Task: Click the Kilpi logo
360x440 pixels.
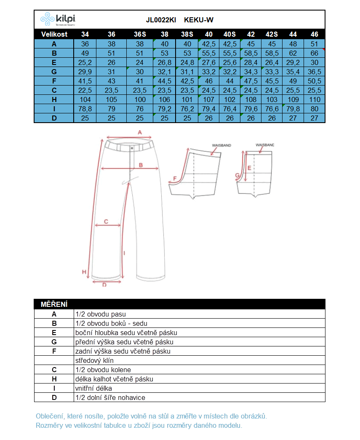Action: pyautogui.click(x=58, y=19)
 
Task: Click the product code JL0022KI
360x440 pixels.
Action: pyautogui.click(x=161, y=20)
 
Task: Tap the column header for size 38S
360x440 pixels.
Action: pyautogui.click(x=187, y=34)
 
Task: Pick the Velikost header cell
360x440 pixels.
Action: pyautogui.click(x=54, y=34)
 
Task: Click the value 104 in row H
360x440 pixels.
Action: pyautogui.click(x=85, y=99)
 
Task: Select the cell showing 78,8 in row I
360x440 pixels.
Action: pyautogui.click(x=85, y=109)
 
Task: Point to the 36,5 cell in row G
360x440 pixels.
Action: pyautogui.click(x=314, y=72)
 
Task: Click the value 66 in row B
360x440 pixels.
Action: pyautogui.click(x=314, y=53)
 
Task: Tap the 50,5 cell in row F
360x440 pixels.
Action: pyautogui.click(x=314, y=81)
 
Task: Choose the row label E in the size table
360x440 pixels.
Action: pyautogui.click(x=54, y=62)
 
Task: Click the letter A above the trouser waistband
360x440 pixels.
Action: pyautogui.click(x=140, y=132)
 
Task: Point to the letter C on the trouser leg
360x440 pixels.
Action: pyautogui.click(x=106, y=221)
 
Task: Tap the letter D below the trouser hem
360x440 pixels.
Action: pyautogui.click(x=104, y=284)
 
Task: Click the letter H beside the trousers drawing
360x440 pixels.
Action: pyautogui.click(x=84, y=271)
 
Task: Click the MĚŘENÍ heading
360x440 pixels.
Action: pyautogui.click(x=54, y=304)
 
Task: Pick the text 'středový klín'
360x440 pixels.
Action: pyautogui.click(x=94, y=360)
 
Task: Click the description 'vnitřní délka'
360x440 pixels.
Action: pyautogui.click(x=93, y=388)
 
